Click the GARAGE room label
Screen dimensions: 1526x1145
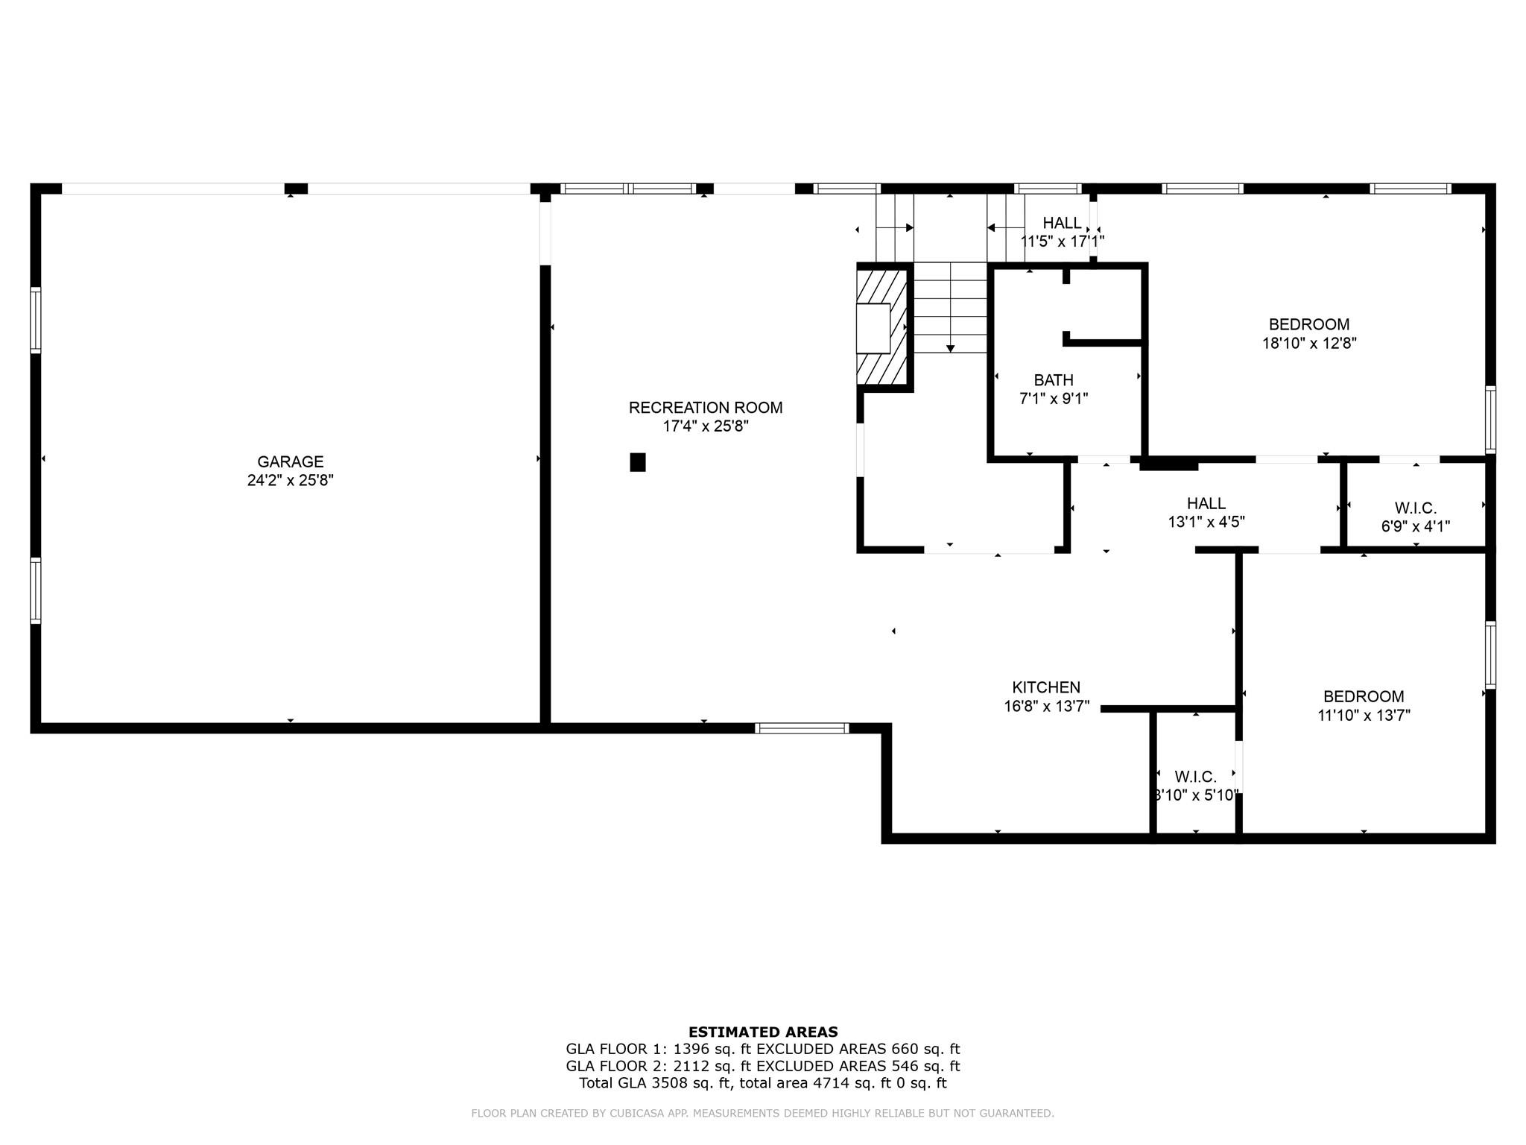pos(291,462)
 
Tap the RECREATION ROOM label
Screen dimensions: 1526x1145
pos(706,408)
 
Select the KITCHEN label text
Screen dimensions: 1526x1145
pos(1046,687)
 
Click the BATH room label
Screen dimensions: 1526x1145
pos(1054,380)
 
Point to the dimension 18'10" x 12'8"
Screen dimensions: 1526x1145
pos(1309,344)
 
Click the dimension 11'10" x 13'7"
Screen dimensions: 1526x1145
pos(1364,716)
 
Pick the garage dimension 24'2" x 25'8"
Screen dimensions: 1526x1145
pos(291,481)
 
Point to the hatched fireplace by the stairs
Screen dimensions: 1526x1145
pos(881,327)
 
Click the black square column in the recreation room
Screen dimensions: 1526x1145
pos(638,462)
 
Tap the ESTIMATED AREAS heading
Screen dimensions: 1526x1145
pos(763,1032)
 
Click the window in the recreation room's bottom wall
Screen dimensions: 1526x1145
pos(802,728)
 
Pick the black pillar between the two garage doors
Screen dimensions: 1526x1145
pos(296,189)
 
